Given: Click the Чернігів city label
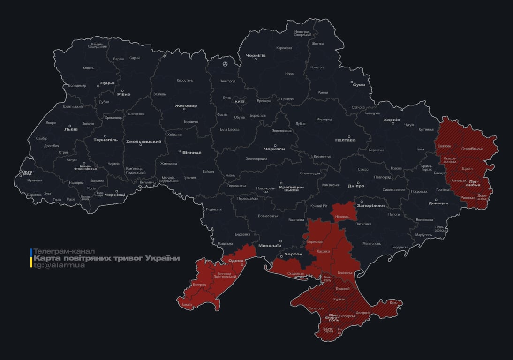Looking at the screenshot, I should click(x=256, y=55).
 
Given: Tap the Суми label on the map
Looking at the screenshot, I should click(x=359, y=85).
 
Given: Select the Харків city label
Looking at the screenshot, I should click(x=392, y=120).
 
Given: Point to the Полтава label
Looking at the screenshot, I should click(x=345, y=140).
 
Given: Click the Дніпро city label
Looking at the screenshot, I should click(x=356, y=186).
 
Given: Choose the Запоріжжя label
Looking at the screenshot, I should click(x=370, y=205).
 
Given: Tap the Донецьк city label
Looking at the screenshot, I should click(x=438, y=203).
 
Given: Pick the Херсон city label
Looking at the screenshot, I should click(x=294, y=254).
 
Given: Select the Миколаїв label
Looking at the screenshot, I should click(x=270, y=245).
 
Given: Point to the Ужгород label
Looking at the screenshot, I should click(x=27, y=173).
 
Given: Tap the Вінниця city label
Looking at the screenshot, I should click(x=192, y=152).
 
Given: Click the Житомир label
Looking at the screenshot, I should click(x=186, y=105).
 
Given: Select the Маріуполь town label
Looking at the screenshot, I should click(x=423, y=234).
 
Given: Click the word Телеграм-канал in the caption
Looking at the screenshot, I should click(x=64, y=251).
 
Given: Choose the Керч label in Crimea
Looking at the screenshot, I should click(x=393, y=303).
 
